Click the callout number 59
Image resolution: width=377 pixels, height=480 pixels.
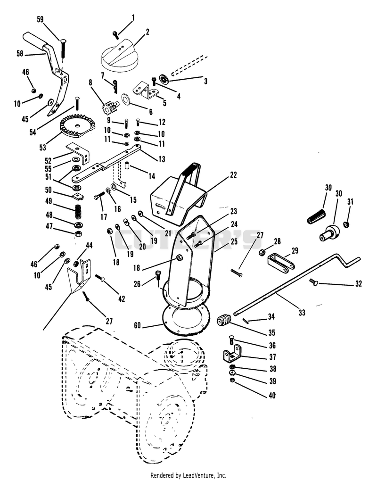[40, 20]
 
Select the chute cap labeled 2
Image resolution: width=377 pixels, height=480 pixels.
[119, 56]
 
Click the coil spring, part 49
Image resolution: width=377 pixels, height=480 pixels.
[79, 211]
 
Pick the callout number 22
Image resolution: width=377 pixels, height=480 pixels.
[233, 175]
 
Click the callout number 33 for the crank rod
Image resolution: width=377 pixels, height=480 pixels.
[302, 313]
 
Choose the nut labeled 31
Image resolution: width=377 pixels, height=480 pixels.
[347, 224]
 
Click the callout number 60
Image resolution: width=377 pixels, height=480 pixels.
[138, 325]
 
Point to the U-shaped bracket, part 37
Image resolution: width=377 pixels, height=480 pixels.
[231, 355]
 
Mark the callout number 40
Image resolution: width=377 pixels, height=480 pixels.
[272, 396]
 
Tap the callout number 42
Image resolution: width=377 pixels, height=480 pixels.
[122, 299]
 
